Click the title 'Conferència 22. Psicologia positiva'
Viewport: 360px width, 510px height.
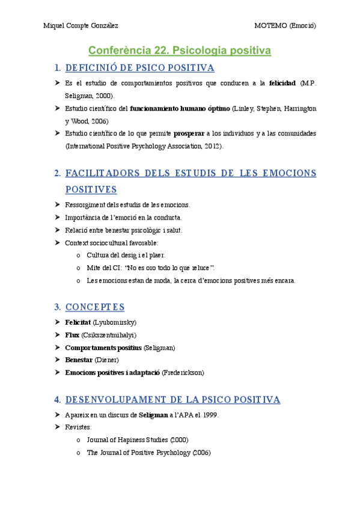180,51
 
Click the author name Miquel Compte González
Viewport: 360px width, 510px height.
81,25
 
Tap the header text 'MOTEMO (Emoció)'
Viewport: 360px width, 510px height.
285,25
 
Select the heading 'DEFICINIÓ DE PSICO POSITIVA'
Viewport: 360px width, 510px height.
139,68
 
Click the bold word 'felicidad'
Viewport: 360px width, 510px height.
282,83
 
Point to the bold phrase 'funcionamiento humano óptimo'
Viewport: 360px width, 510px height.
180,108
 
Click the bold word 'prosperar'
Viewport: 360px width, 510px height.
188,134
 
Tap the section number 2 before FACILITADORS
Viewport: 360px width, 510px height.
57,173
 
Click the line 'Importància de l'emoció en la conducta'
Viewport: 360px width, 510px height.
123,217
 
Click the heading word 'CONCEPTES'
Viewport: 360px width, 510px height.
95,307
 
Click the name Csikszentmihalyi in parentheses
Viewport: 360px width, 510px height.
109,335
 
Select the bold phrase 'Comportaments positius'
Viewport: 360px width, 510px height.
103,348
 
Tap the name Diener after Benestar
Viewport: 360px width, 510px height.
108,360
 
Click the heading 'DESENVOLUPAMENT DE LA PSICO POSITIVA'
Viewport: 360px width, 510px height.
172,399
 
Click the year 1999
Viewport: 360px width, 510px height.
210,415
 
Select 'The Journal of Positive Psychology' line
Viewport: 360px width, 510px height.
148,452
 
